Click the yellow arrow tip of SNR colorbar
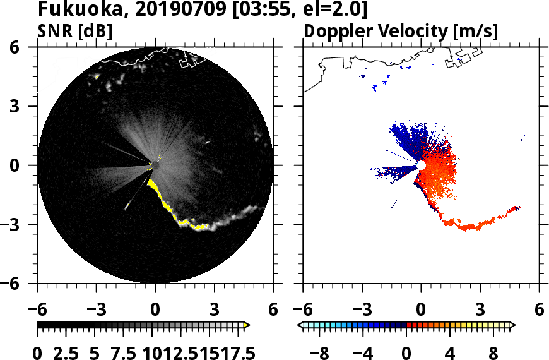coord(247,325)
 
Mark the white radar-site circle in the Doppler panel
coord(421,165)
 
